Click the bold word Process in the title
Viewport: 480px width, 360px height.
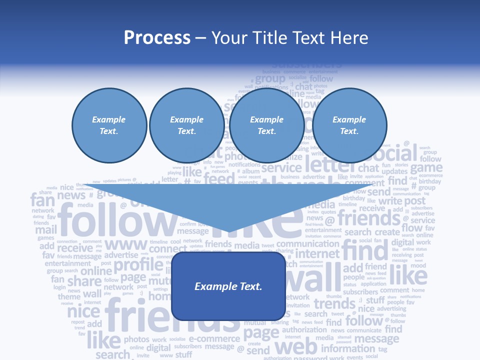pyautogui.click(x=157, y=38)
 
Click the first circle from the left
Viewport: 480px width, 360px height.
pyautogui.click(x=109, y=125)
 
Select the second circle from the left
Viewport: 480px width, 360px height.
pyautogui.click(x=186, y=125)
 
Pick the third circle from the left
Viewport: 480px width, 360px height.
pyautogui.click(x=266, y=125)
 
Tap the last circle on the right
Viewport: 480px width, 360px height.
pyautogui.click(x=349, y=125)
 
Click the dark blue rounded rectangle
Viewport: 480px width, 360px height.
pyautogui.click(x=228, y=286)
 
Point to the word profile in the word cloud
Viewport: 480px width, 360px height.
pyautogui.click(x=138, y=265)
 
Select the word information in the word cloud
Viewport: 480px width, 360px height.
pyautogui.click(x=348, y=348)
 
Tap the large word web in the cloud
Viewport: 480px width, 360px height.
pyautogui.click(x=296, y=346)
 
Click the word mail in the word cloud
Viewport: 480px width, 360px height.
pyautogui.click(x=45, y=230)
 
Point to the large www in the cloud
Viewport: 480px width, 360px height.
pyautogui.click(x=126, y=245)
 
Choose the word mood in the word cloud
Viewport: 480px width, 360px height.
pyautogui.click(x=418, y=266)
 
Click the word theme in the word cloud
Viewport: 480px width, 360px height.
pyautogui.click(x=69, y=296)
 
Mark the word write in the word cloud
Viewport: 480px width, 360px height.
pyautogui.click(x=390, y=201)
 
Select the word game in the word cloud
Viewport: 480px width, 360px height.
pyautogui.click(x=426, y=167)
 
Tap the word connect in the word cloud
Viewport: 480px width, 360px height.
pyautogui.click(x=168, y=249)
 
